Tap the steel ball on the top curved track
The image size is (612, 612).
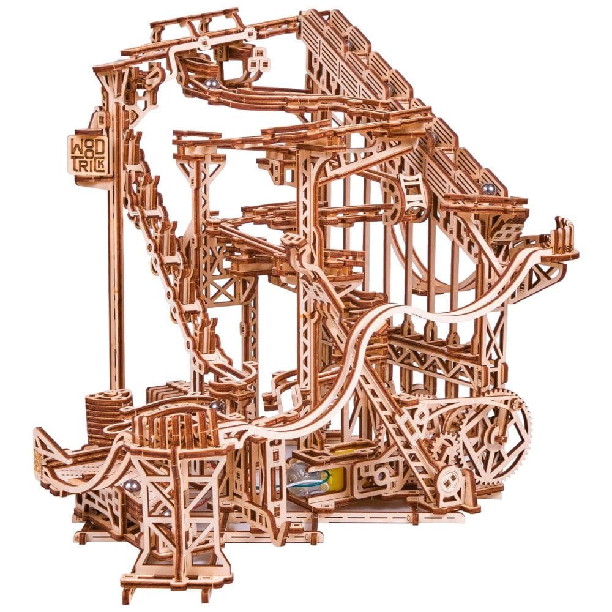point(210,83)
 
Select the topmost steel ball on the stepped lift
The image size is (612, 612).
point(348,44)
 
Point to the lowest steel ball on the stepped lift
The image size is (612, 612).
point(488,188)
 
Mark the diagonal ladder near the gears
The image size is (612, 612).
point(398,422)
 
